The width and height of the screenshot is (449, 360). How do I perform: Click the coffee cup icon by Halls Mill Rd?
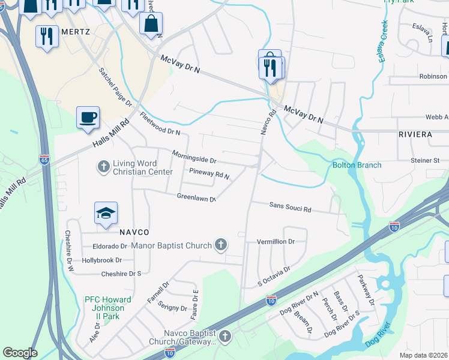pos(88,116)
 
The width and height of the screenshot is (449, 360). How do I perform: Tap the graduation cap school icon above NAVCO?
pos(105,213)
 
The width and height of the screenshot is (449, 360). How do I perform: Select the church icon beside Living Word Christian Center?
pos(103,166)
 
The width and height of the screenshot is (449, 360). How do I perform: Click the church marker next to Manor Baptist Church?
pos(221,245)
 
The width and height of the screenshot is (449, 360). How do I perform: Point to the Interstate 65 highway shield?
pos(44,160)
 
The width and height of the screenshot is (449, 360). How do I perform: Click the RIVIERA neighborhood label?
pos(415,134)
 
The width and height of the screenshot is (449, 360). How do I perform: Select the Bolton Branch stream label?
pos(357,165)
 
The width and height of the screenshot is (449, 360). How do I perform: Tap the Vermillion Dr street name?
pos(276,241)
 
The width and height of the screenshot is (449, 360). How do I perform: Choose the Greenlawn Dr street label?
pos(196,197)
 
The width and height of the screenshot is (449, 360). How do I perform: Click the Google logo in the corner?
pos(20,353)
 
